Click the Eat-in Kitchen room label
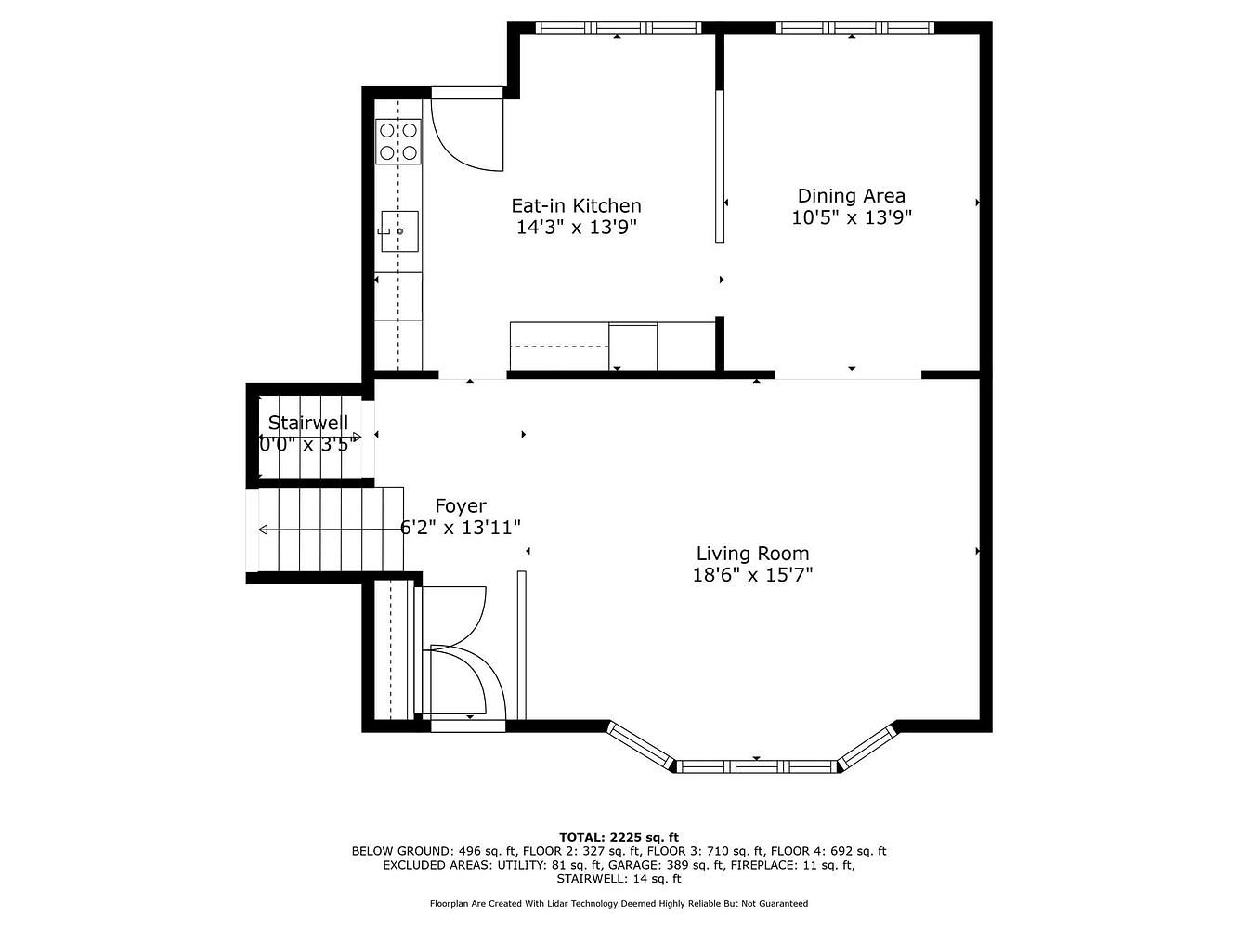[x=576, y=205]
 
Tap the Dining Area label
[x=851, y=196]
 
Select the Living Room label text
[x=752, y=554]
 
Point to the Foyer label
[x=461, y=506]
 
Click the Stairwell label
[x=308, y=423]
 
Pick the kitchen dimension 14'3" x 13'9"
[x=577, y=228]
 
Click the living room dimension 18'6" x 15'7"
[x=752, y=575]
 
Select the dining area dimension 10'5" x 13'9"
[x=851, y=217]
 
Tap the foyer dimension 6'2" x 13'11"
[x=461, y=528]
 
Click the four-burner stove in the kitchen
[x=398, y=141]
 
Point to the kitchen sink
[x=399, y=231]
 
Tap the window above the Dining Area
[x=854, y=28]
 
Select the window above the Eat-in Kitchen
[x=619, y=28]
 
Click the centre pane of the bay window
[x=756, y=766]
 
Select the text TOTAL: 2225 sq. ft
[x=619, y=837]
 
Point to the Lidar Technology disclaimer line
[x=619, y=904]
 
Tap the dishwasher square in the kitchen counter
[x=632, y=347]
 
